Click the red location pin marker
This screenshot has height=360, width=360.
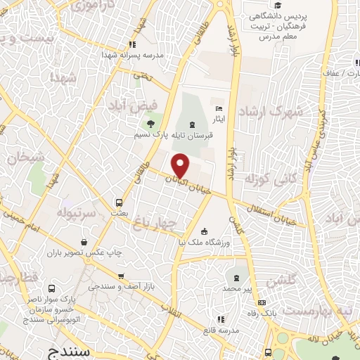click(x=181, y=165)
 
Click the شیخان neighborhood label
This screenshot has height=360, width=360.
click(x=25, y=157)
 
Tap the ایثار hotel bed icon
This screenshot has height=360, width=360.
click(x=219, y=108)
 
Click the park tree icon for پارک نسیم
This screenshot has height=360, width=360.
click(x=150, y=122)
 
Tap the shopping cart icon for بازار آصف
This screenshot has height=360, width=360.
click(x=121, y=276)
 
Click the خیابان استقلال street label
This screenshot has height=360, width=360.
click(x=276, y=213)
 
